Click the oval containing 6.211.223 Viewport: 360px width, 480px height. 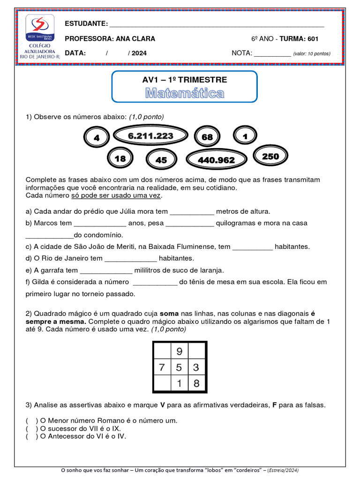[150, 136]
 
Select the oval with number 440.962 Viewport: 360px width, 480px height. [216, 160]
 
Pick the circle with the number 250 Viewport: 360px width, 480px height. [270, 157]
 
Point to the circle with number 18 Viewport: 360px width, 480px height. [120, 159]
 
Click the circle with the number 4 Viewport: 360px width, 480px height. [97, 138]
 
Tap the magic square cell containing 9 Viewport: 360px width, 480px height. [180, 351]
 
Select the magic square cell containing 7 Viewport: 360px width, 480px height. [162, 367]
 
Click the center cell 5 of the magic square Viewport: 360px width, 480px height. [180, 367]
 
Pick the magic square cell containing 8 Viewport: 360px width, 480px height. [196, 384]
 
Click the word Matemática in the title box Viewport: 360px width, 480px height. [184, 93]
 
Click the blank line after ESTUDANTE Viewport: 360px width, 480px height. [216, 24]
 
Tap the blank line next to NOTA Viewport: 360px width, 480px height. [272, 53]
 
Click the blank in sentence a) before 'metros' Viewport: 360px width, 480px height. [192, 212]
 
